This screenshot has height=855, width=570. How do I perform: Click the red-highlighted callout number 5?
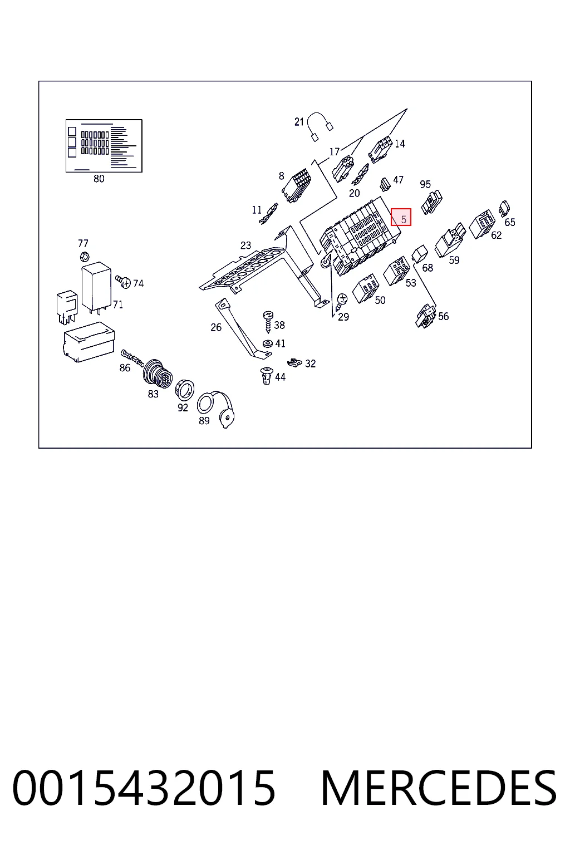[403, 219]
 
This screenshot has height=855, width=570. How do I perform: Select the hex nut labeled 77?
[85, 257]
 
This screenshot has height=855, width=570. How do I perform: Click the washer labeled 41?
[268, 343]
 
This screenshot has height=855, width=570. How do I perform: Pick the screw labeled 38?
[268, 322]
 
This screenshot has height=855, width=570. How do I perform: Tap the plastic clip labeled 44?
[266, 376]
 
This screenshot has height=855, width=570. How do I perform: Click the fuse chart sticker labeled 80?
[104, 146]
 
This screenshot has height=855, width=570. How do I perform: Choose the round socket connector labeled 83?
[158, 373]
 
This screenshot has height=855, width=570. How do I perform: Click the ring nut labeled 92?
[184, 390]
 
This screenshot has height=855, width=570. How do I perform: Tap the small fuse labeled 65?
[504, 208]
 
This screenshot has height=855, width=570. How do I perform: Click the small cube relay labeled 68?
[420, 253]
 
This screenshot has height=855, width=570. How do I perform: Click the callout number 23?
[245, 245]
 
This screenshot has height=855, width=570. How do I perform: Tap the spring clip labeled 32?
[294, 362]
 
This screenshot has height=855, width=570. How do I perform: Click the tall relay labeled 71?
[96, 286]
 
